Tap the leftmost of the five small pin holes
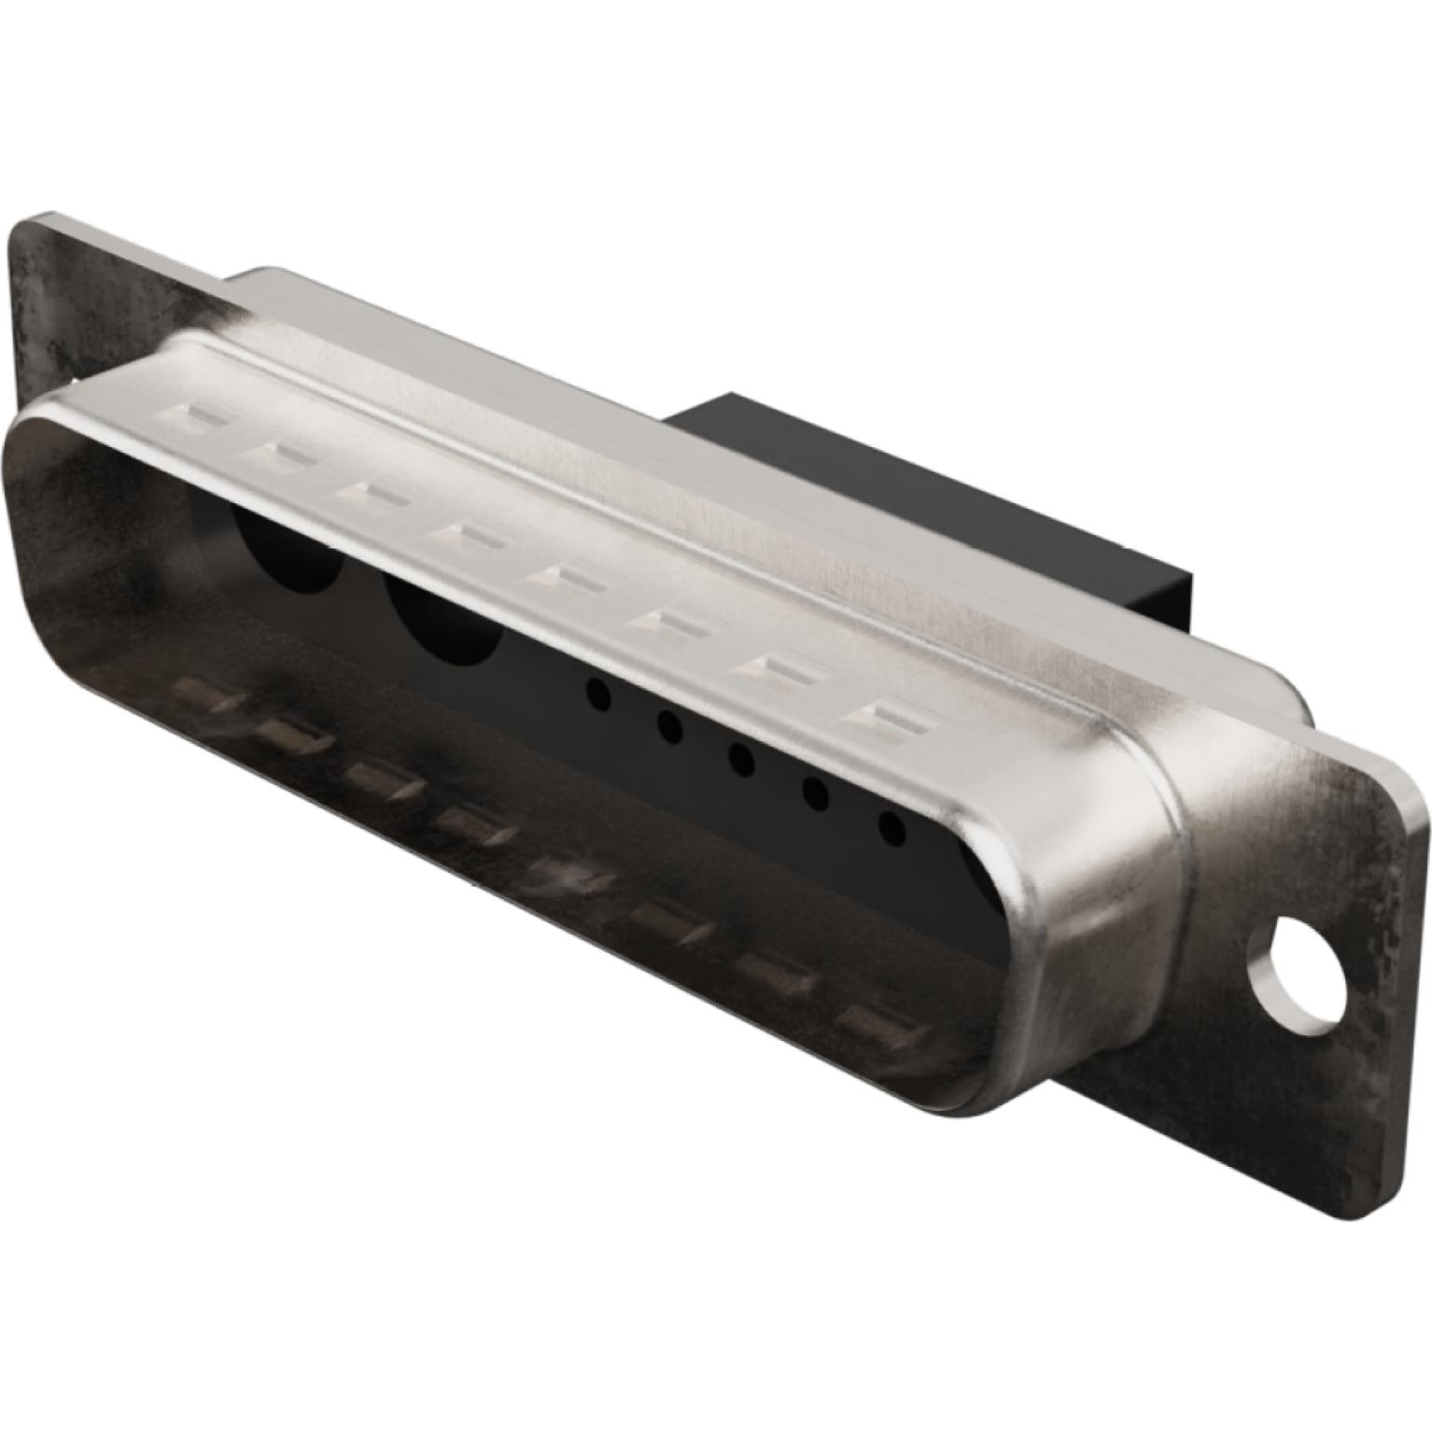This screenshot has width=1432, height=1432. [x=597, y=693]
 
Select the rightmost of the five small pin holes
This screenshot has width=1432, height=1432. [x=891, y=826]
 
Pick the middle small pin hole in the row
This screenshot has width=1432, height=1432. [x=742, y=758]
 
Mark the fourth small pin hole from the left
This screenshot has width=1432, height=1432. [x=815, y=793]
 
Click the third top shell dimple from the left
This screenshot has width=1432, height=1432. [x=373, y=491]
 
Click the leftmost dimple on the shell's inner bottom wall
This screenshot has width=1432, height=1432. [x=204, y=695]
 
